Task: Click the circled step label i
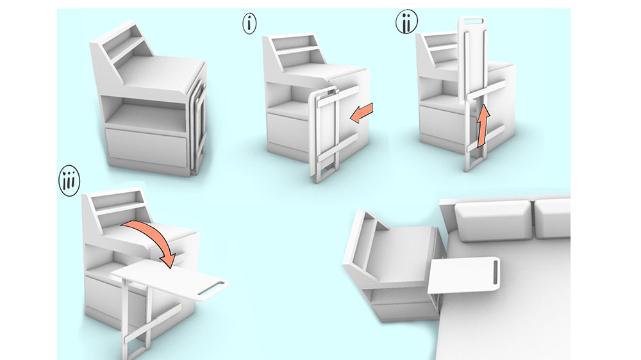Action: point(249,23)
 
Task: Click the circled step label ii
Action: point(407,22)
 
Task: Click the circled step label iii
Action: point(69,181)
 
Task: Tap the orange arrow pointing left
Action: point(362,113)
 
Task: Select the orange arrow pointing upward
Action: point(483,125)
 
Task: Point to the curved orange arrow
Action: point(153,237)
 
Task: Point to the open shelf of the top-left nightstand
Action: point(143,115)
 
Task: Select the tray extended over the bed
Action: point(464,275)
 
